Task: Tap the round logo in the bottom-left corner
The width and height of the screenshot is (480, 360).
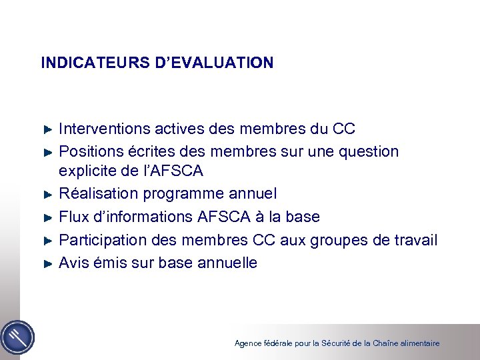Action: [17, 337]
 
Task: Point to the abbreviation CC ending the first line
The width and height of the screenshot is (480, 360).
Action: [343, 129]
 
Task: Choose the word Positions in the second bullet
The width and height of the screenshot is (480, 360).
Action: [90, 152]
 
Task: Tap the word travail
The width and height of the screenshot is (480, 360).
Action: [414, 240]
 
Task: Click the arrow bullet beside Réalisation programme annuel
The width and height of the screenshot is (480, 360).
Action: [47, 195]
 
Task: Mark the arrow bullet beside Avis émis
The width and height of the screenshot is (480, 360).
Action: [47, 263]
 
